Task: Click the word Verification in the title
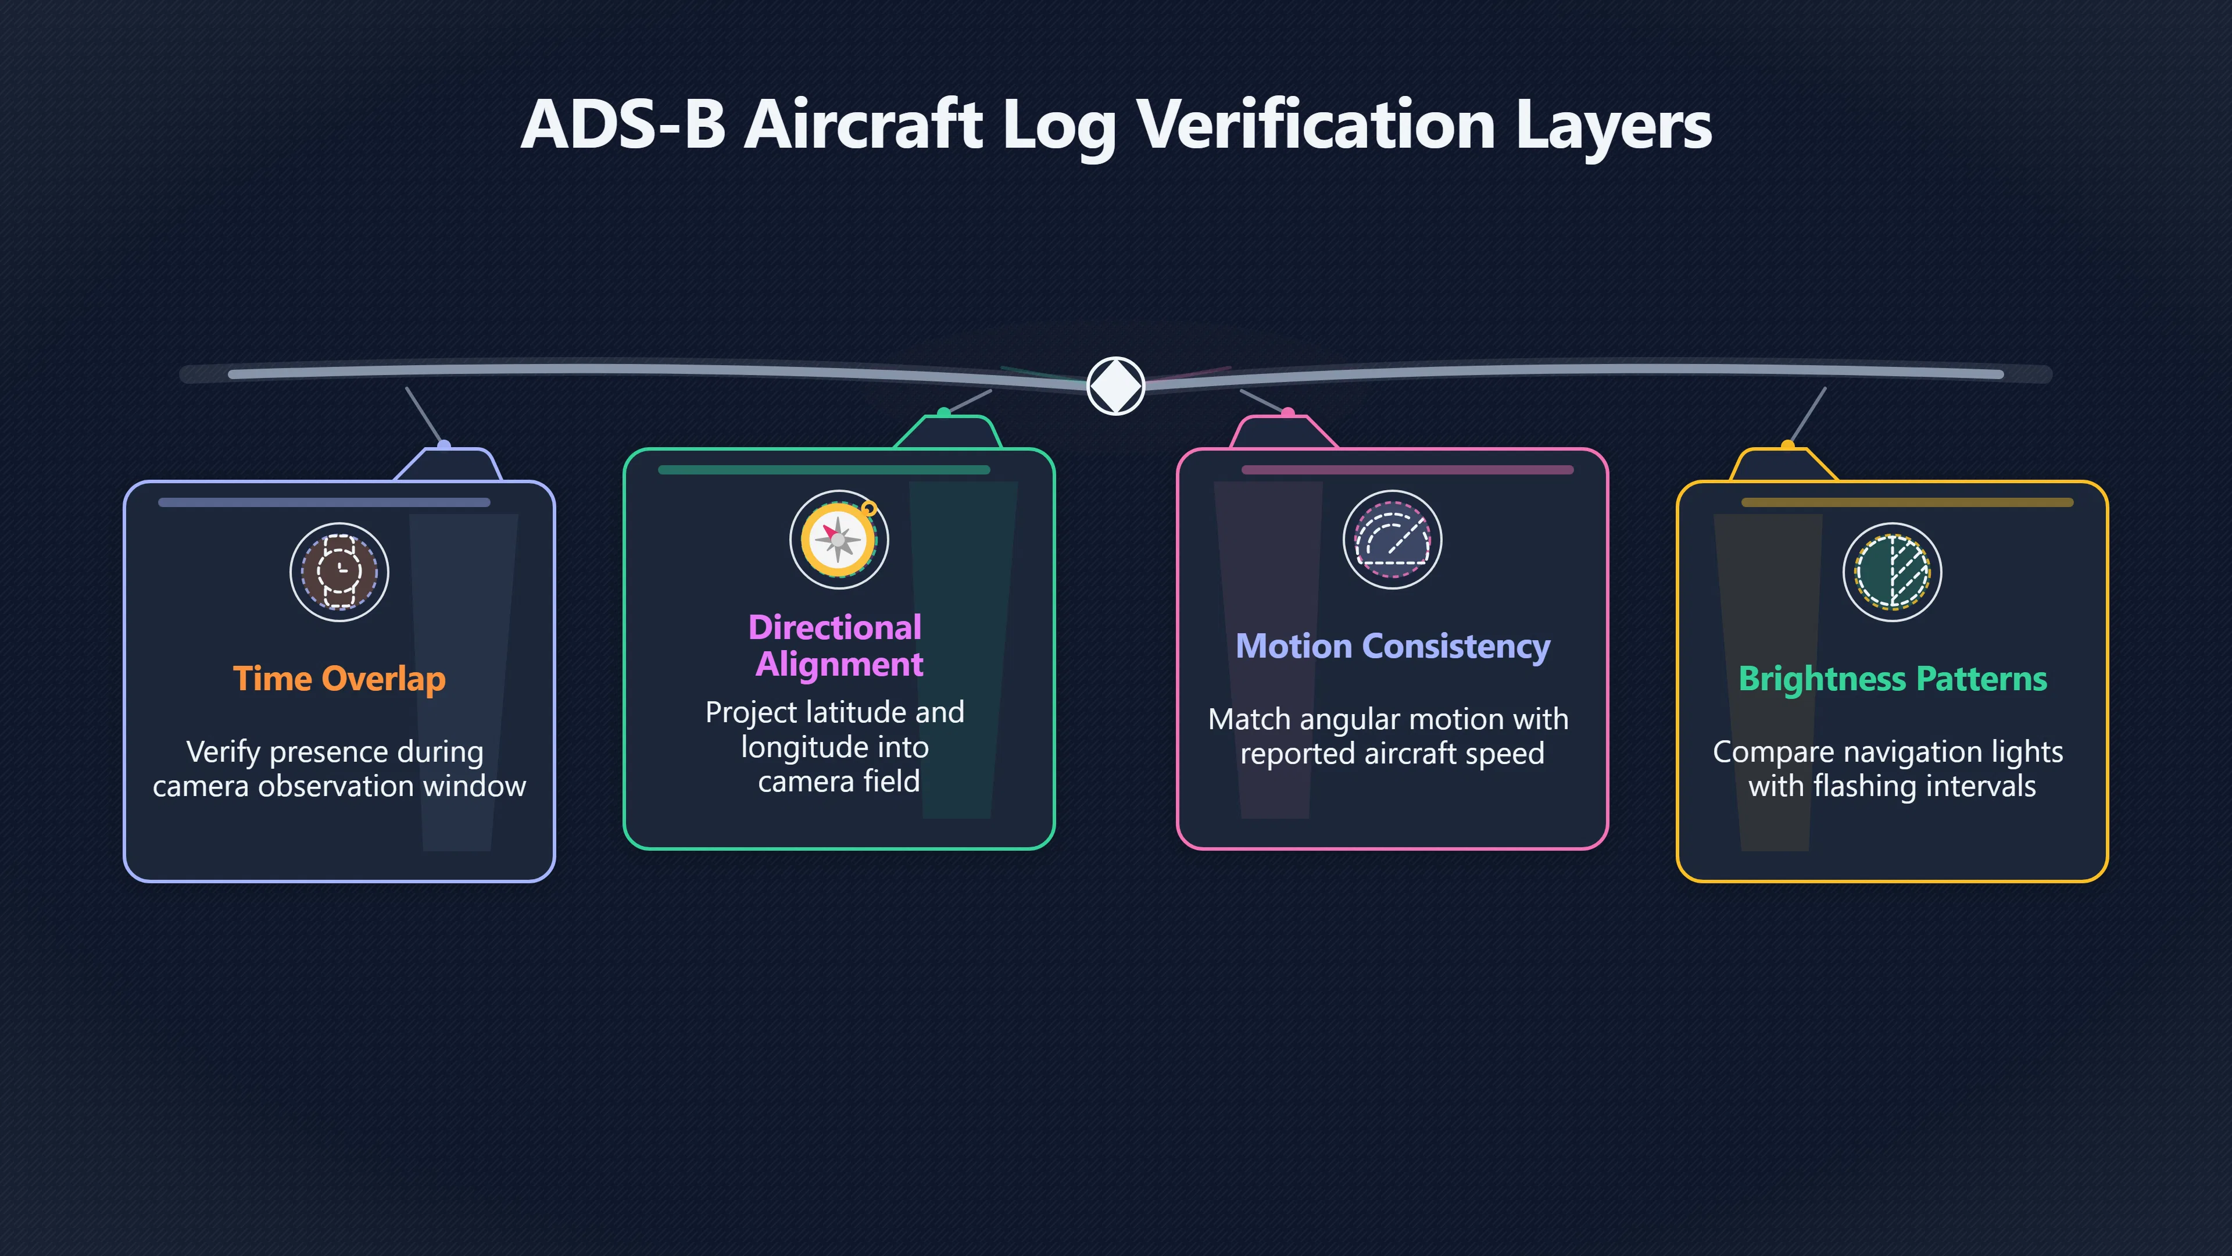click(1316, 125)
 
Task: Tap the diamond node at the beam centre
click(1116, 386)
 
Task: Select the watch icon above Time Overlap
click(339, 572)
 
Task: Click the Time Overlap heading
click(339, 679)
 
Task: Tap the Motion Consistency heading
click(1393, 647)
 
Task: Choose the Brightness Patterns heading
click(1893, 679)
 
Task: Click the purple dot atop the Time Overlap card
click(443, 445)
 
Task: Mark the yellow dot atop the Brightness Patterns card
click(1787, 445)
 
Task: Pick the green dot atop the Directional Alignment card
click(943, 413)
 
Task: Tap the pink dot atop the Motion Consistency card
click(1287, 413)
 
